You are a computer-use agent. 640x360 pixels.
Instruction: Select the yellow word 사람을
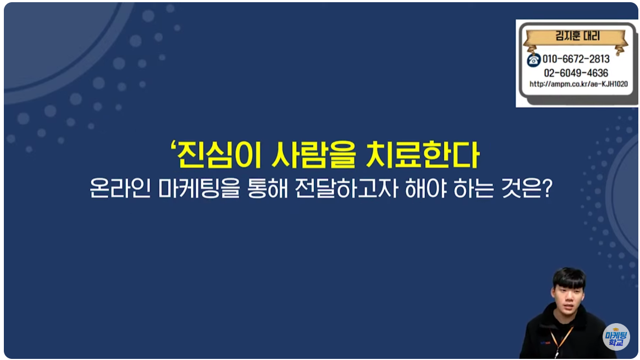point(313,155)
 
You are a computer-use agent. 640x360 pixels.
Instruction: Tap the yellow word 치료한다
point(423,155)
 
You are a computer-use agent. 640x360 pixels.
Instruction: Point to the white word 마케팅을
point(199,188)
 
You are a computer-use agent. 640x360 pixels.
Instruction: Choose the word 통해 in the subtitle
point(267,188)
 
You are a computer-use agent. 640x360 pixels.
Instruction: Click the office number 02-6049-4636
point(576,73)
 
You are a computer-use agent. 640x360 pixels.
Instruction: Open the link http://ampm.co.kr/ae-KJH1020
point(578,84)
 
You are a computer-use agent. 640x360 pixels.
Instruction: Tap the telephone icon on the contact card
point(533,60)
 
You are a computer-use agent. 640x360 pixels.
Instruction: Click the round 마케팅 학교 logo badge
point(616,337)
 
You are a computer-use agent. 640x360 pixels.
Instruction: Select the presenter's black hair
point(569,278)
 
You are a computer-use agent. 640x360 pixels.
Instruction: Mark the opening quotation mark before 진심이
point(173,146)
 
